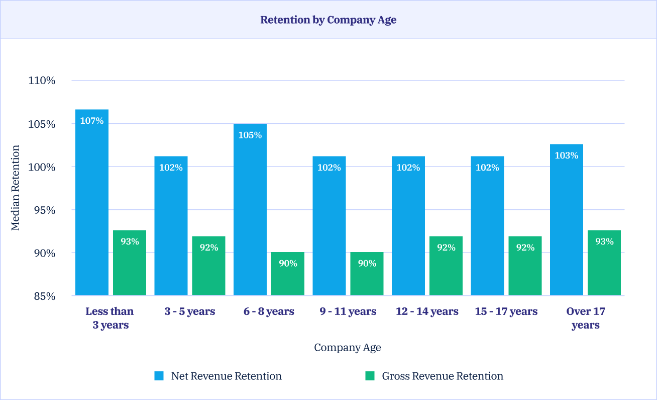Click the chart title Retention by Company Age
(x=328, y=20)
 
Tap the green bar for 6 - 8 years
(x=288, y=274)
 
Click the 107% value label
(x=92, y=121)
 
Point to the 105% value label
(x=250, y=135)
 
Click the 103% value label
(x=567, y=155)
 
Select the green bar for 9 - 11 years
(x=367, y=274)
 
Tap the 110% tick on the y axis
(x=41, y=81)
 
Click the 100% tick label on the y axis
(x=41, y=167)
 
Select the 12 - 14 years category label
(x=427, y=311)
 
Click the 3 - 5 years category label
(x=190, y=311)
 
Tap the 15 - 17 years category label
(x=506, y=311)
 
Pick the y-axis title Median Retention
(x=16, y=188)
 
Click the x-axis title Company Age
(x=348, y=348)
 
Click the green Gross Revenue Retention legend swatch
(x=370, y=376)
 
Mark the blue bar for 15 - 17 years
(x=487, y=226)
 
